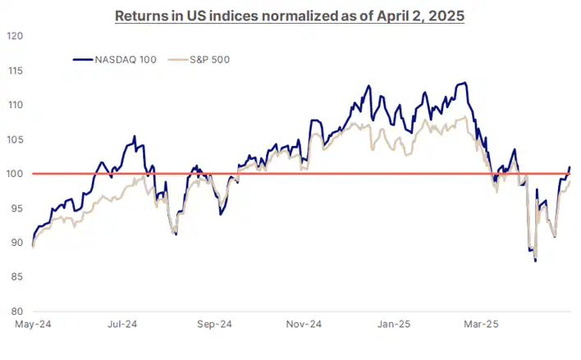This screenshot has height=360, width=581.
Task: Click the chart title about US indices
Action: pos(290,16)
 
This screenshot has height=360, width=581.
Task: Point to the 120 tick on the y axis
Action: pos(13,36)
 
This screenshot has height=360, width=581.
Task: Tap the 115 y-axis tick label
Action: pos(13,71)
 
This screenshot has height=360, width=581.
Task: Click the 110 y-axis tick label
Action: pos(13,105)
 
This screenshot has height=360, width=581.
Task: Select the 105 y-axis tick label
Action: pos(13,139)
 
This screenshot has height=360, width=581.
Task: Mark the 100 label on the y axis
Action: pos(13,174)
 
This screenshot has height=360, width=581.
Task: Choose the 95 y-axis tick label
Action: pos(15,208)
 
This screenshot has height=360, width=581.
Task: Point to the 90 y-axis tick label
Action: pos(15,243)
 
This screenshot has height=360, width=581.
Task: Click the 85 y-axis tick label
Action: pos(15,277)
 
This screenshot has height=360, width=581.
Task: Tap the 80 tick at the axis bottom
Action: pos(15,312)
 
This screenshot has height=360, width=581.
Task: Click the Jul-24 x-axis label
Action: pos(122,325)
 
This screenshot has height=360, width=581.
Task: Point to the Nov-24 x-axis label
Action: pos(304,325)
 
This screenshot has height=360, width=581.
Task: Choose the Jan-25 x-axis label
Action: pos(392,325)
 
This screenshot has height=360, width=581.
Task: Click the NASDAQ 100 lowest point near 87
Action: pos(536,261)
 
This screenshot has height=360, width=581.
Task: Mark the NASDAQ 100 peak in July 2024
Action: pos(134,137)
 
